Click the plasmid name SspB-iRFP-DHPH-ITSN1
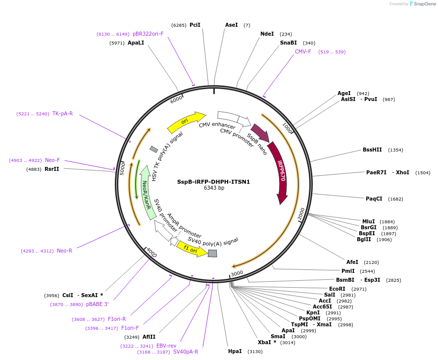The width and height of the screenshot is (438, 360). coord(213,182)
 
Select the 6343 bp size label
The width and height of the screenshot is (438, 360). coord(214,188)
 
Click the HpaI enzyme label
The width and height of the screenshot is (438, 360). coord(235,351)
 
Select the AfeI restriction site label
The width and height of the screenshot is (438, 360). coord(352,262)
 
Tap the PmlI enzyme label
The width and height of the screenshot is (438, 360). coord(348,271)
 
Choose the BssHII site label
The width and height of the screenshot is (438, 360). coord(372,150)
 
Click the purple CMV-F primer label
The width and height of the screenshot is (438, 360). coord(303,51)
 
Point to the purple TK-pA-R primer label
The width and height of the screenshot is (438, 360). coord(63,113)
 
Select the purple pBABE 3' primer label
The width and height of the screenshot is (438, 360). coord(97,304)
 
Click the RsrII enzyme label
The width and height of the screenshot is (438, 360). coord(52,169)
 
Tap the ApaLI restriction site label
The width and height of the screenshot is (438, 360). coord(136,43)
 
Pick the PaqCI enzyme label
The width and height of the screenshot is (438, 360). coord(374,199)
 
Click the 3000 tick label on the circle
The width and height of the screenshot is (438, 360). coord(237,273)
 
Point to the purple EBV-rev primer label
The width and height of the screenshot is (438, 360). coord(166,346)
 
